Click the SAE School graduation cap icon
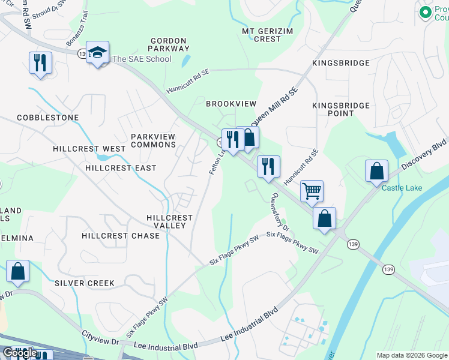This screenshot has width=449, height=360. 97,53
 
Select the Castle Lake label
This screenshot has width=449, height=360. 402,188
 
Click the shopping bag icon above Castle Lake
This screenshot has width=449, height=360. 376,171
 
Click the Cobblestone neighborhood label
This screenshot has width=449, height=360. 40,118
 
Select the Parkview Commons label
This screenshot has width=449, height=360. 154,140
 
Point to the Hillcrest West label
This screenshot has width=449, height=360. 89,149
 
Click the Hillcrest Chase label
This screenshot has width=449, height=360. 121,236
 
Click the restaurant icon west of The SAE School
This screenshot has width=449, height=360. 40,63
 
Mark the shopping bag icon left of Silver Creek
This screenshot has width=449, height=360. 18,272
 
